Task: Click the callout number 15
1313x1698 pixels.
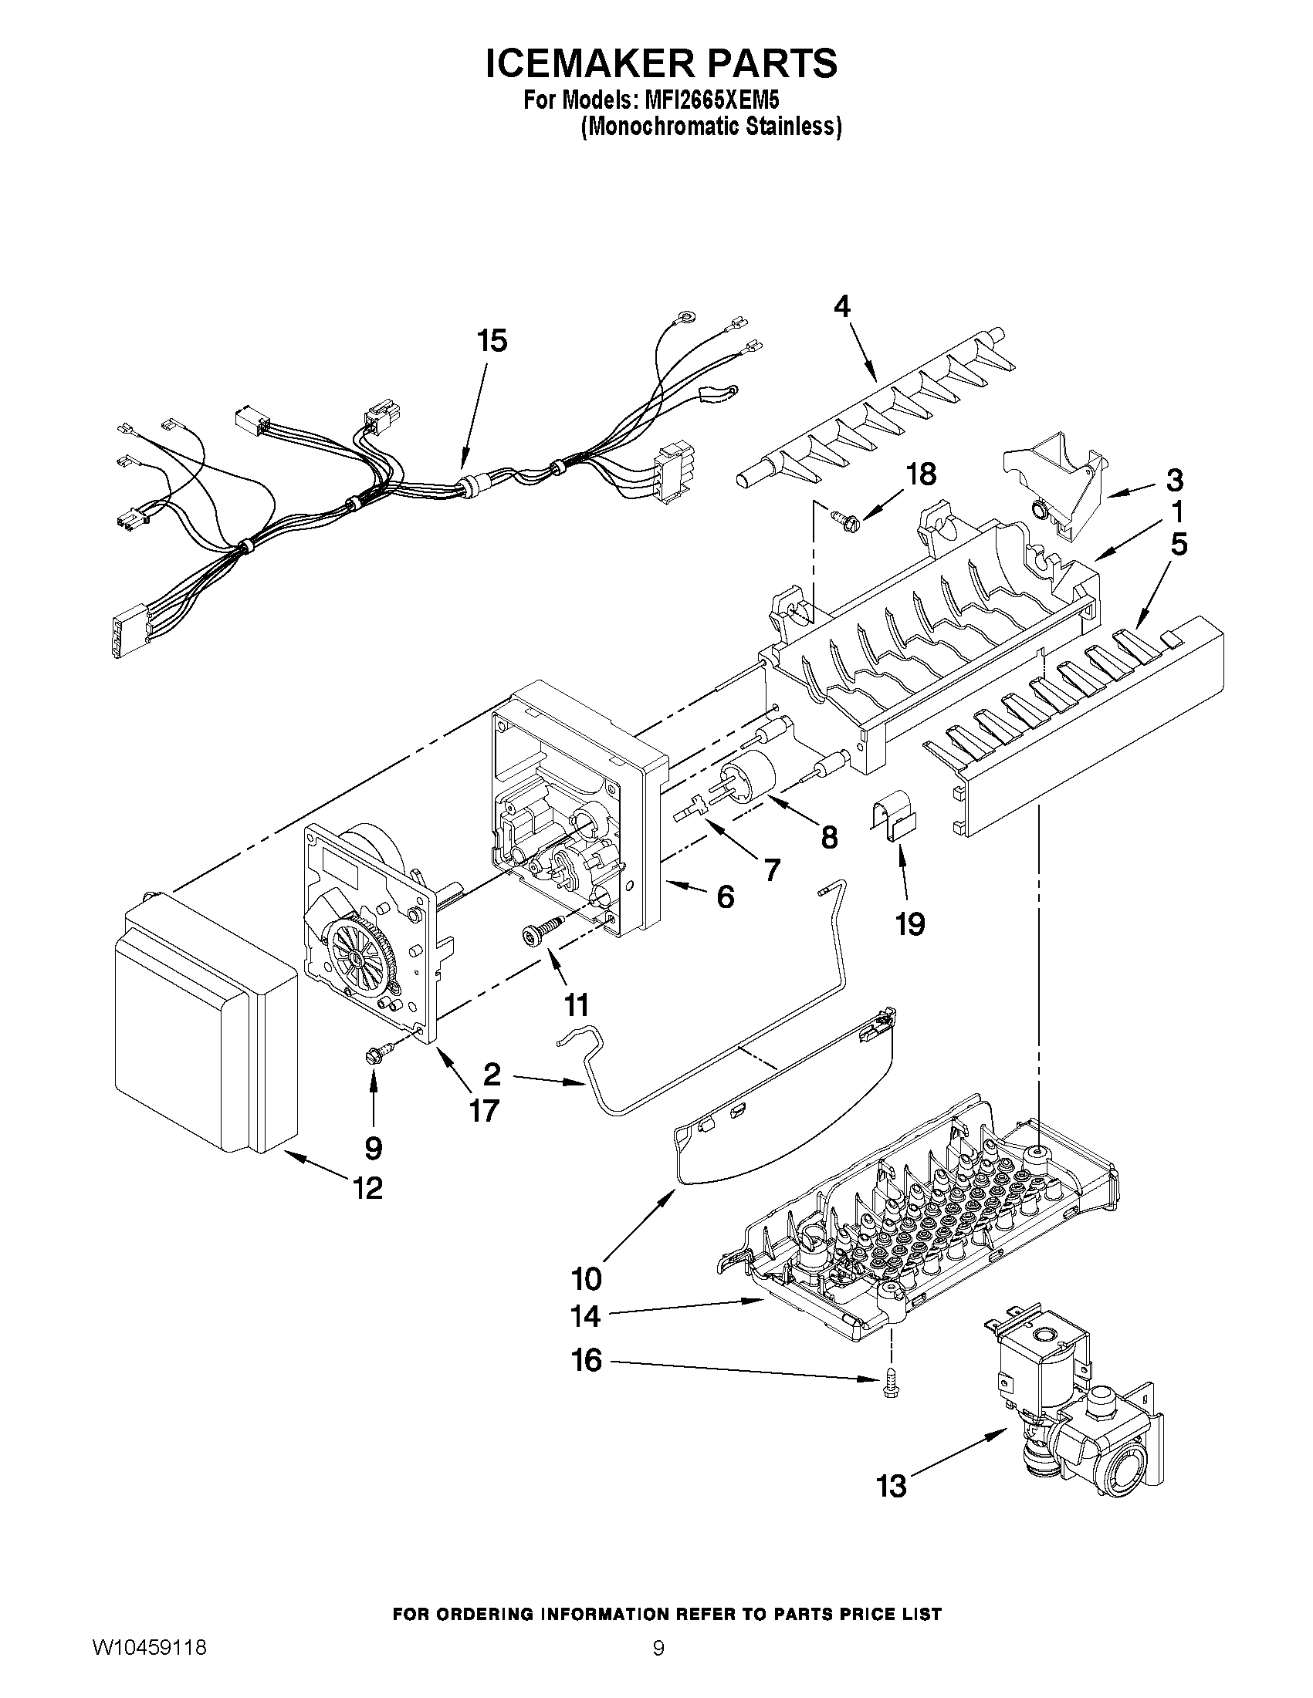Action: tap(492, 340)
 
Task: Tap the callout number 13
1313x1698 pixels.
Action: tap(892, 1487)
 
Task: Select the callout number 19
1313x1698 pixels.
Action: tap(910, 924)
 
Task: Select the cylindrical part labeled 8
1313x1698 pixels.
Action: tap(750, 774)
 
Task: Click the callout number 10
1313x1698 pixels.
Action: tap(587, 1278)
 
